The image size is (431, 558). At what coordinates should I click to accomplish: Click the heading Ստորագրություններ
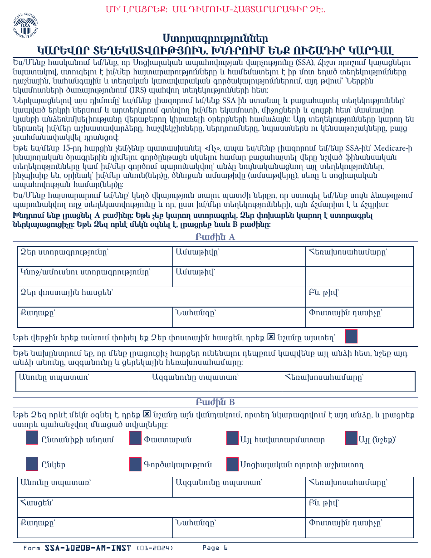point(215,38)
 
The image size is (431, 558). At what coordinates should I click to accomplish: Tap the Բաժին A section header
point(215,237)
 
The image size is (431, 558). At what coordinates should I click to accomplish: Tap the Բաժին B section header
point(215,402)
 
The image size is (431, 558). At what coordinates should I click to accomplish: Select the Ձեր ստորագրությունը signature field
point(95,256)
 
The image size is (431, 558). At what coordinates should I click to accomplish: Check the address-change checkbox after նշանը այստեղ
point(351,337)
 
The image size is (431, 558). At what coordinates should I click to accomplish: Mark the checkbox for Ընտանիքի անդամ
point(32,438)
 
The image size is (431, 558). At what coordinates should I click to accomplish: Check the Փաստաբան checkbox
point(136,438)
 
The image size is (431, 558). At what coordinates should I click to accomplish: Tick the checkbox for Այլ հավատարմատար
point(232,438)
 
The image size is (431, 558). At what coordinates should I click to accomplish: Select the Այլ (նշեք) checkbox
point(351,438)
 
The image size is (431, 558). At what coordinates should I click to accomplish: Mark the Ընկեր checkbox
point(32,464)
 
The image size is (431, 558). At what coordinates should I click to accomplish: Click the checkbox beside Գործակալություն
point(136,464)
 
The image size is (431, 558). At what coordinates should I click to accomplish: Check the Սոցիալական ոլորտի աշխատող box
point(232,464)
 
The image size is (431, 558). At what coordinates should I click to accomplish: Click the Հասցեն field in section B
point(161,507)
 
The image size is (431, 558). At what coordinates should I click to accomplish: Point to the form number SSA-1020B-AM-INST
point(88,548)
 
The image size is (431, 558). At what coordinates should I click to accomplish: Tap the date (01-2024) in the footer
point(155,548)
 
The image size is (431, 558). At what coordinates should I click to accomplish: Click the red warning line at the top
point(215,9)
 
